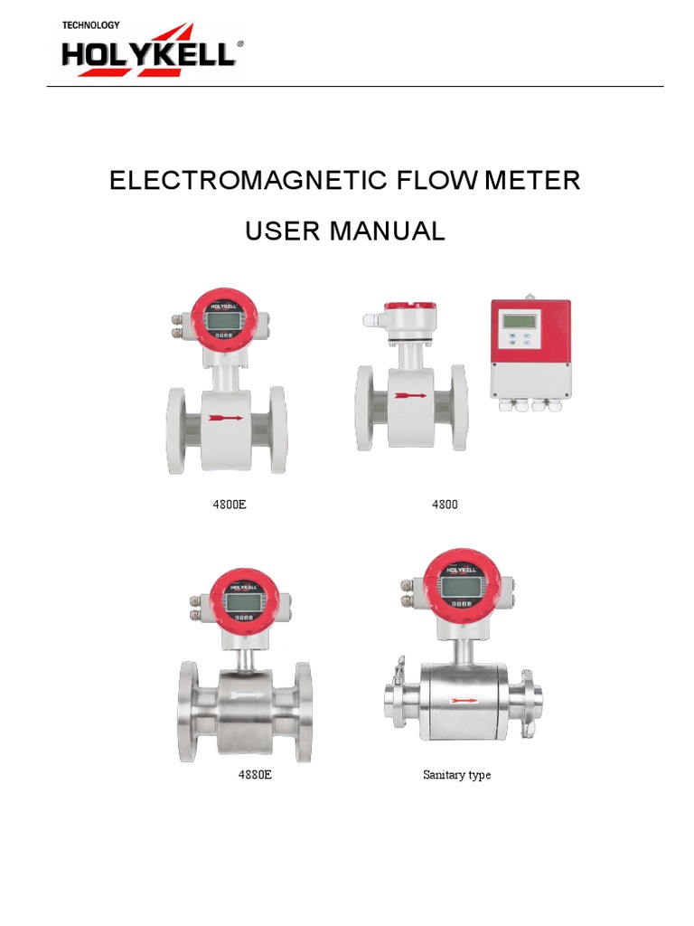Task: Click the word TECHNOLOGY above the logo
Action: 90,25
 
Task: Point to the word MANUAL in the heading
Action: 387,231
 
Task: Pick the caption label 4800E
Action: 229,504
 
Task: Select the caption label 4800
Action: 445,504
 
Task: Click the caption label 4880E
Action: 254,775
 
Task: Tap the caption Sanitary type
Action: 456,775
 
